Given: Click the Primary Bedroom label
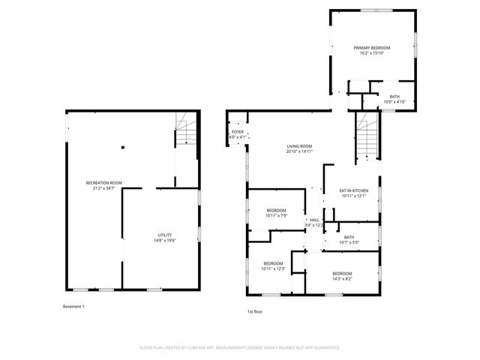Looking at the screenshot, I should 373,47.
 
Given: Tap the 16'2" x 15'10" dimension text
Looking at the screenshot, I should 373,52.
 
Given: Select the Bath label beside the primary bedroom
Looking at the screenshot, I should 394,96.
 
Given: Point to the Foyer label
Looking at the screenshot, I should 237,132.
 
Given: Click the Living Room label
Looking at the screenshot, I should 299,146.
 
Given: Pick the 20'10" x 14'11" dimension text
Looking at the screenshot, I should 299,151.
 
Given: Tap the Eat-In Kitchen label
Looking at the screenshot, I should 355,191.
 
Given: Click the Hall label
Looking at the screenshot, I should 314,220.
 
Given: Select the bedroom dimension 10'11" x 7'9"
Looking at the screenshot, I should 276,215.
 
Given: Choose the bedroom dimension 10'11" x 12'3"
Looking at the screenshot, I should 273,268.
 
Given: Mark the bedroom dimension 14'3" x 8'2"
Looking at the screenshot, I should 342,278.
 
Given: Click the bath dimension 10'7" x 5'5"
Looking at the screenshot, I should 349,242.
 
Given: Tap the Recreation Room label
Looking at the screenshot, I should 103,183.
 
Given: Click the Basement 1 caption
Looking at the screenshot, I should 73,306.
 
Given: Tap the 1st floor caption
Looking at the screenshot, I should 255,311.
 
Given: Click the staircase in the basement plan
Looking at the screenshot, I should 184,130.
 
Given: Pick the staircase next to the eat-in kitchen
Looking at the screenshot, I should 365,140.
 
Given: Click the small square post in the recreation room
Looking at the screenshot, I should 122,147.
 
